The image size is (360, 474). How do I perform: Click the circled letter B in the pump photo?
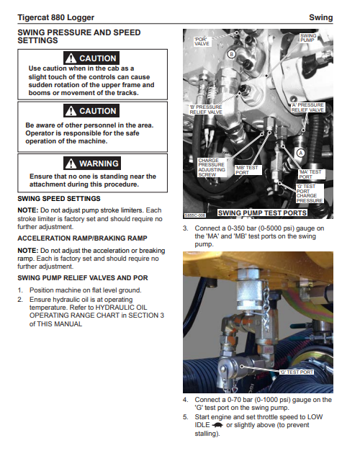pyautogui.click(x=232, y=54)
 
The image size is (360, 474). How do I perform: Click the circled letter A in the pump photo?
pyautogui.click(x=300, y=153)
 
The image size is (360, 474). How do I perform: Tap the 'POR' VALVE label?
pyautogui.click(x=202, y=41)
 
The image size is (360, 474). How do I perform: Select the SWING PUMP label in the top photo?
pyautogui.click(x=308, y=37)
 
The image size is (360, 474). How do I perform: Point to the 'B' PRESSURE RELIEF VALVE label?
pyautogui.click(x=206, y=109)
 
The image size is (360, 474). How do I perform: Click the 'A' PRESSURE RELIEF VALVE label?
pyautogui.click(x=307, y=107)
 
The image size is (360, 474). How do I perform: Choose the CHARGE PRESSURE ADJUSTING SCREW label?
pyautogui.click(x=212, y=167)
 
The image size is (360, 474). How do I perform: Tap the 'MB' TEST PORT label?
pyautogui.click(x=247, y=170)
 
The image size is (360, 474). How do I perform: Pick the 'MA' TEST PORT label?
pyautogui.click(x=310, y=174)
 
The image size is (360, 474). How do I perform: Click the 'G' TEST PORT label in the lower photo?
pyautogui.click(x=297, y=372)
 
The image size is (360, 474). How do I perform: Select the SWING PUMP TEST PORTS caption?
pyautogui.click(x=262, y=213)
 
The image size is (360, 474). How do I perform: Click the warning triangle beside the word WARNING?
pyautogui.click(x=71, y=164)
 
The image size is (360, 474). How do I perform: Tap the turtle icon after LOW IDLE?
pyautogui.click(x=217, y=425)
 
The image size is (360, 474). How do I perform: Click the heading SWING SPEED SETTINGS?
pyautogui.click(x=59, y=199)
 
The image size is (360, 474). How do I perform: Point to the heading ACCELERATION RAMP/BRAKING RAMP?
pyautogui.click(x=82, y=238)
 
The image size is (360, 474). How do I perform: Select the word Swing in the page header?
pyautogui.click(x=320, y=17)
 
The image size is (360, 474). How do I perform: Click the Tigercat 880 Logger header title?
pyautogui.click(x=56, y=17)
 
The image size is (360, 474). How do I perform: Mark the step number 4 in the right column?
pyautogui.click(x=186, y=400)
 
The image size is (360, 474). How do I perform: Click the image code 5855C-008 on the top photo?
pyautogui.click(x=195, y=215)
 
